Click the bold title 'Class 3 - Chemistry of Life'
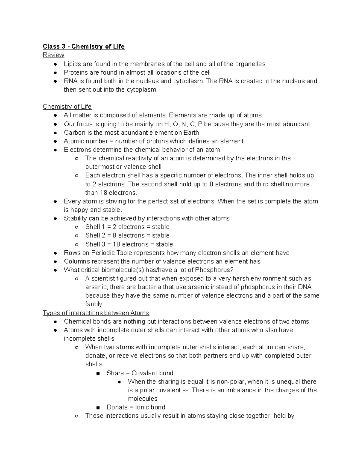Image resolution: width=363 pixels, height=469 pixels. (x=83, y=47)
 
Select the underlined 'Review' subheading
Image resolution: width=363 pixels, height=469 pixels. (x=53, y=55)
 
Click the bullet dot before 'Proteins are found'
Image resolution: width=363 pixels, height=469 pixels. (x=55, y=73)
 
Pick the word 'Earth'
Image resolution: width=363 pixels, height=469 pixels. (x=190, y=133)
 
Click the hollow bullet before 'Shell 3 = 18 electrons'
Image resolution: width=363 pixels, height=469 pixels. (x=77, y=244)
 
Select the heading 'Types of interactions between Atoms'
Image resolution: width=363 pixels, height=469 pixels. (x=96, y=313)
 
